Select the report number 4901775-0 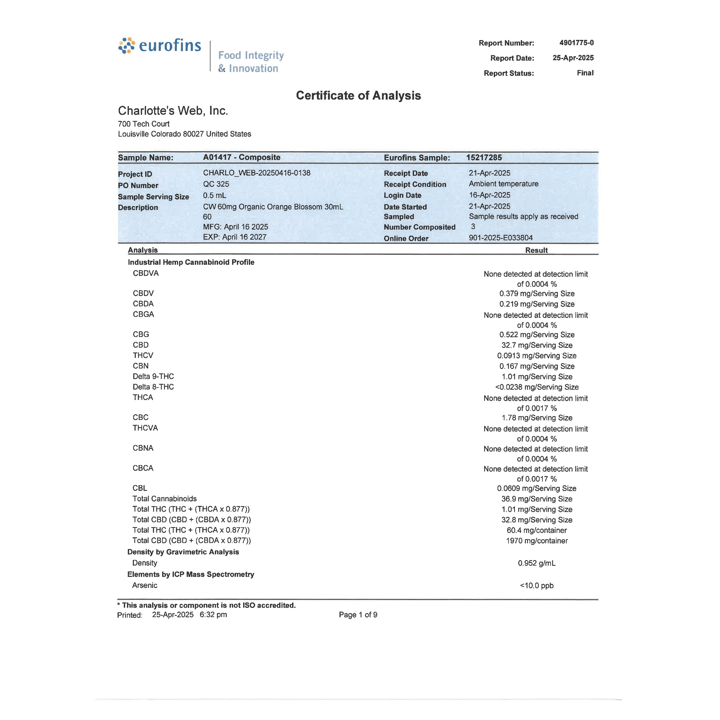pos(576,43)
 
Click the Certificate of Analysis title pos(358,95)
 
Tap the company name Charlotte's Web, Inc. pos(173,111)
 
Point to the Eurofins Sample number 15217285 pos(484,158)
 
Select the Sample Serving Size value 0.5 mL pos(214,196)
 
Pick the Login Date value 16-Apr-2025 pos(489,195)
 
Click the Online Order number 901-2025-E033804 pos(501,238)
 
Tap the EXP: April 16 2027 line pos(234,237)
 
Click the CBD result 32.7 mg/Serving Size pos(537,345)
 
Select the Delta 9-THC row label pos(153,376)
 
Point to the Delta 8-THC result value pos(537,387)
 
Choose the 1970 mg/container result pos(537,541)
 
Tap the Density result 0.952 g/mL pos(537,563)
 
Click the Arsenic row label pos(145,586)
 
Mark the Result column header pos(536,251)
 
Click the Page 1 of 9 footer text pos(358,615)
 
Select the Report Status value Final pos(585,73)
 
